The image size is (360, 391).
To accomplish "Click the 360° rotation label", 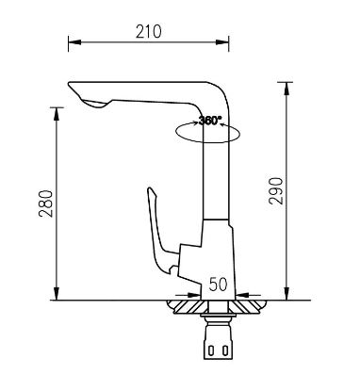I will pos(209,121).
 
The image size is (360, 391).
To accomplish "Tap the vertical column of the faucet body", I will pos(215,179).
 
